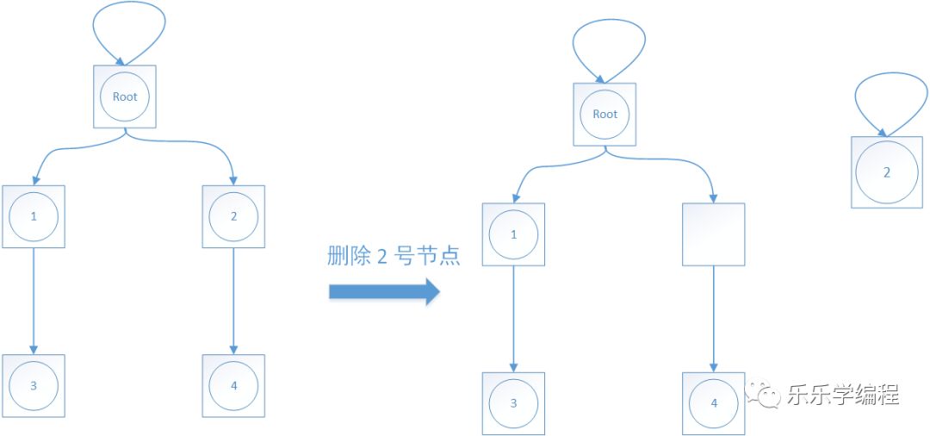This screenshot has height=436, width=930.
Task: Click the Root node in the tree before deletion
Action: point(125,97)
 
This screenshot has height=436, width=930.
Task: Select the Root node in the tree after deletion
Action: point(604,114)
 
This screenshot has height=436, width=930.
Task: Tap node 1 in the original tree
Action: point(34,216)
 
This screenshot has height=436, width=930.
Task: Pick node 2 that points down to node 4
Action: point(233,216)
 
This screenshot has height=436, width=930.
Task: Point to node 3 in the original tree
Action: point(34,385)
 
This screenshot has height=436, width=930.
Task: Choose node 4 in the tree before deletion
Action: point(233,385)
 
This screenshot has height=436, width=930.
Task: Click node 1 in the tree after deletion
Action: point(513,234)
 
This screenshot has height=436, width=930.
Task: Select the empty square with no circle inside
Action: point(713,234)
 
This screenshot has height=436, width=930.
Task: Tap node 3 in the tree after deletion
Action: point(513,402)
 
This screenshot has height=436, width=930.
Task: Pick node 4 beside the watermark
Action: point(713,402)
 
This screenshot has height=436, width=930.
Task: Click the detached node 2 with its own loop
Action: point(886,172)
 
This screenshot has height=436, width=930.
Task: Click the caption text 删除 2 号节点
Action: point(394,256)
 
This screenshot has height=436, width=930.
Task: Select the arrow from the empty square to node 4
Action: point(713,319)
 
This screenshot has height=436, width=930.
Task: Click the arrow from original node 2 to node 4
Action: point(233,302)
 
